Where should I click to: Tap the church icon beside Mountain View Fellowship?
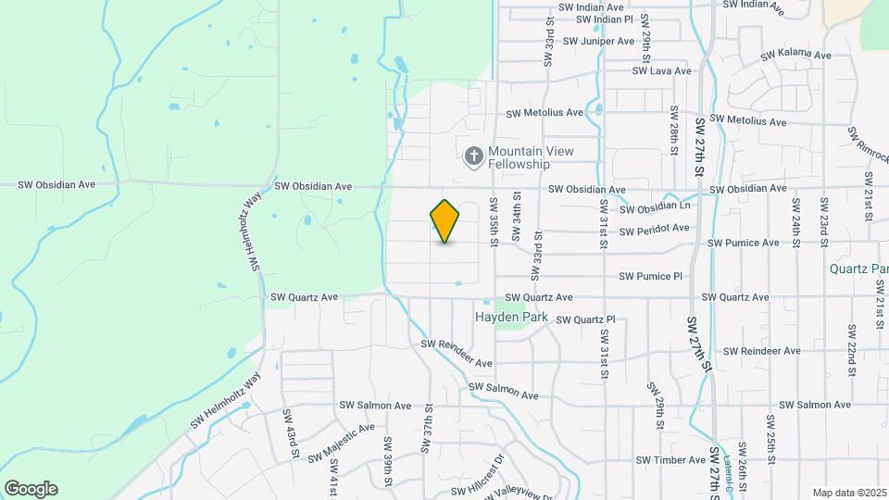[x=473, y=156]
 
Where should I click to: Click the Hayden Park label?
[x=511, y=317]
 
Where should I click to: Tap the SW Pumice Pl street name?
[x=651, y=276]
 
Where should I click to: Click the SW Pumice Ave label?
[x=744, y=243]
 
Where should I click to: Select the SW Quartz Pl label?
[x=582, y=320]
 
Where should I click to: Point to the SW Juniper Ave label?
[x=598, y=41]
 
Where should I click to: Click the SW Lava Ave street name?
[x=661, y=70]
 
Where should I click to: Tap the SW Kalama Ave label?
[x=795, y=55]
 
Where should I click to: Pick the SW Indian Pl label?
[x=604, y=19]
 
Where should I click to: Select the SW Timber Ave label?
[x=670, y=460]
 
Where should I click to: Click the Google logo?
[x=31, y=489]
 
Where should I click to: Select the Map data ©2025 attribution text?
[x=849, y=493]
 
